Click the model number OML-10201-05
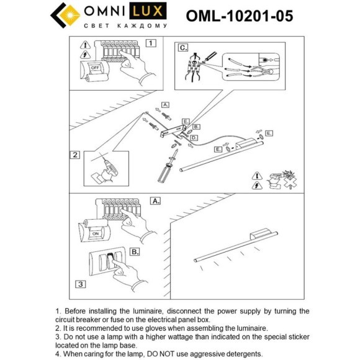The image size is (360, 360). [x=239, y=16]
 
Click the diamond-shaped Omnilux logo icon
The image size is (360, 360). [x=65, y=16]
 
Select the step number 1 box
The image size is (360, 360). [x=150, y=43]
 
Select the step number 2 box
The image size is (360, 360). [x=75, y=155]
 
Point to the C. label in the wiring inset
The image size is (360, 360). [x=182, y=47]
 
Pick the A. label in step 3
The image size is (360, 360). [x=155, y=202]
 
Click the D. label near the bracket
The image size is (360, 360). [x=194, y=137]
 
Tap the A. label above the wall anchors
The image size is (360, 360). [x=164, y=105]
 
